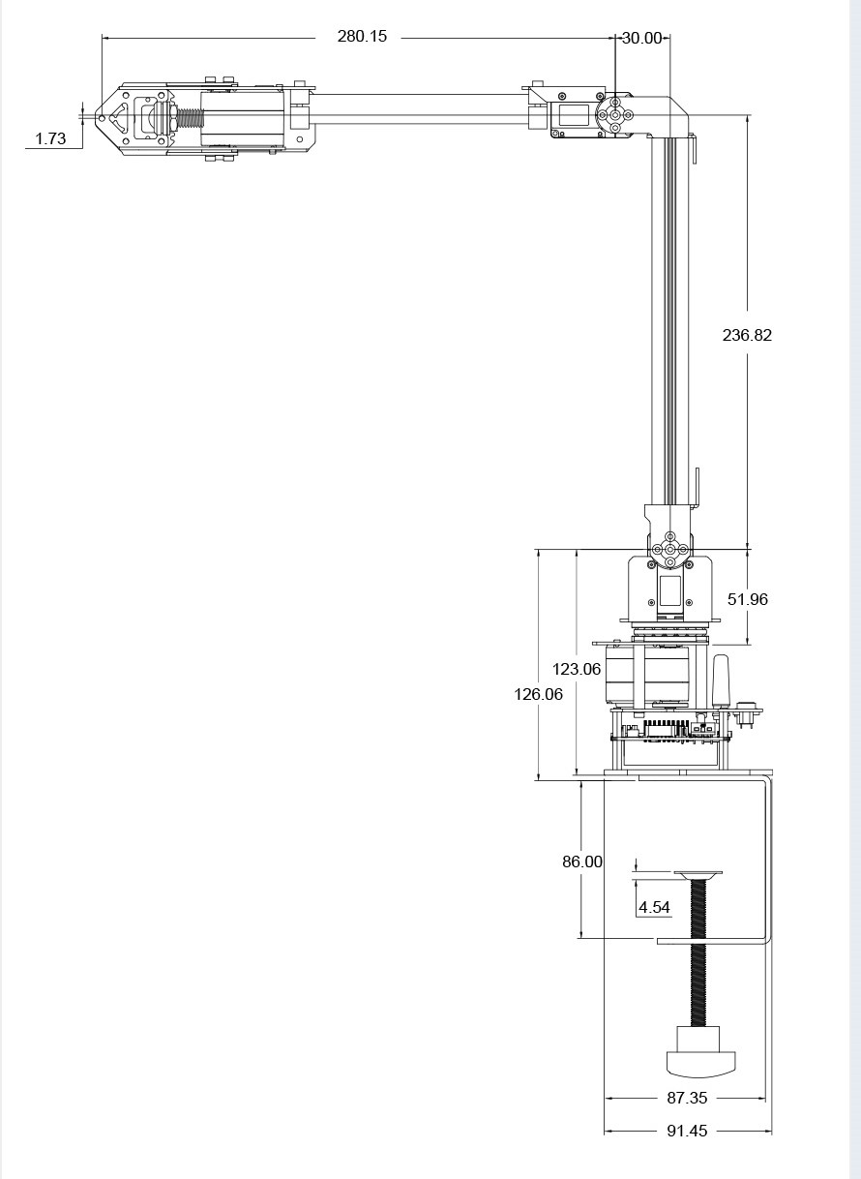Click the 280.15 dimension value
[361, 36]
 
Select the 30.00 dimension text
[641, 38]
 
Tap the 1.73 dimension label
[50, 138]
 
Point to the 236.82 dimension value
[747, 335]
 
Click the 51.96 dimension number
[747, 599]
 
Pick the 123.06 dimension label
[577, 669]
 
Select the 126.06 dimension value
[538, 694]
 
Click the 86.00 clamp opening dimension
[582, 862]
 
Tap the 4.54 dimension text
[654, 907]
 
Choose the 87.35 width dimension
[686, 1099]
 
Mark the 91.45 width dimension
[686, 1131]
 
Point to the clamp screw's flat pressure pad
[698, 875]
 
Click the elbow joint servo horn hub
[615, 114]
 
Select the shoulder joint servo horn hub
[669, 549]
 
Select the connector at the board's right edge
[747, 713]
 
